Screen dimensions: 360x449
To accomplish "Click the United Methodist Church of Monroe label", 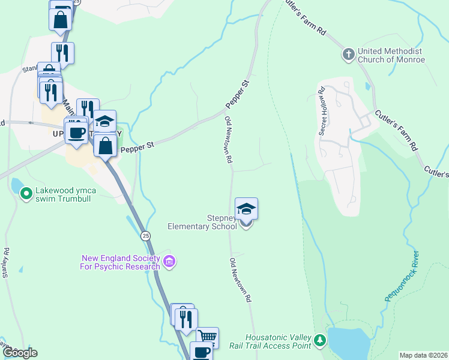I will [x=391, y=56].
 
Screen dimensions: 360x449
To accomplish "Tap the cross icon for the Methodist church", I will [x=348, y=56].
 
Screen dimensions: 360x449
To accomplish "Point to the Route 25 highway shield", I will [x=146, y=236].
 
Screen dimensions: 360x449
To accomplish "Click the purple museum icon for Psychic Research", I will [x=169, y=262].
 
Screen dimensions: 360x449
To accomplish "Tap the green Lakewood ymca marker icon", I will [x=26, y=194].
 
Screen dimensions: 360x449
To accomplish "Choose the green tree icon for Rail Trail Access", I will [x=321, y=341].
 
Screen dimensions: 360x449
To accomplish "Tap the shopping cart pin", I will [x=207, y=337].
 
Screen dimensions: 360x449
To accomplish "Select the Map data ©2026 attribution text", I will [x=423, y=355].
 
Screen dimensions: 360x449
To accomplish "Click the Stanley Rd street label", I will [x=6, y=263].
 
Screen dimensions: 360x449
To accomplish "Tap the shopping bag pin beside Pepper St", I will [x=105, y=146].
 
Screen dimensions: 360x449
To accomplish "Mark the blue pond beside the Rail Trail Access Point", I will [x=348, y=344].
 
